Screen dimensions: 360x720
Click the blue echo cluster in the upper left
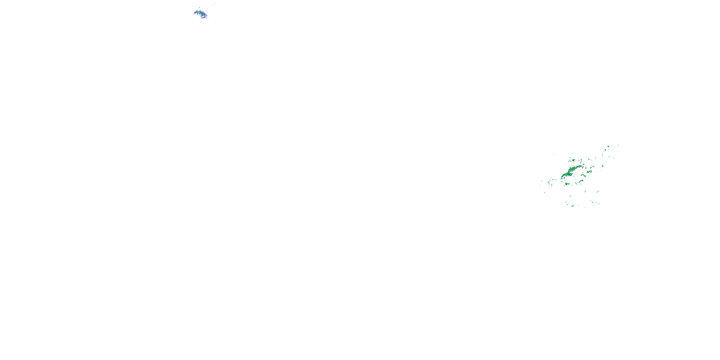[x=201, y=13]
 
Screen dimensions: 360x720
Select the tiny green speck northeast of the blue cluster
[x=214, y=3]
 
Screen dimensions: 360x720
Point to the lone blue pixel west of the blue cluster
[x=185, y=11]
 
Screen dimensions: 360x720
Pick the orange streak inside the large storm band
[x=576, y=168]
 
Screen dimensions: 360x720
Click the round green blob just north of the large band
[x=574, y=160]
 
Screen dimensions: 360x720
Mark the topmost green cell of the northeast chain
[x=608, y=146]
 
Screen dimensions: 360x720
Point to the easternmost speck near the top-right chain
[x=618, y=146]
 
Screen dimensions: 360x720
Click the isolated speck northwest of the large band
[x=555, y=154]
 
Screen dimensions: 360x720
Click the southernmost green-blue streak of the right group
[x=572, y=206]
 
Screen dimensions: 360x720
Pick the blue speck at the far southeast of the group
[x=599, y=204]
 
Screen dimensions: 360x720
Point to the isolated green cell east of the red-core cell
[x=603, y=166]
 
